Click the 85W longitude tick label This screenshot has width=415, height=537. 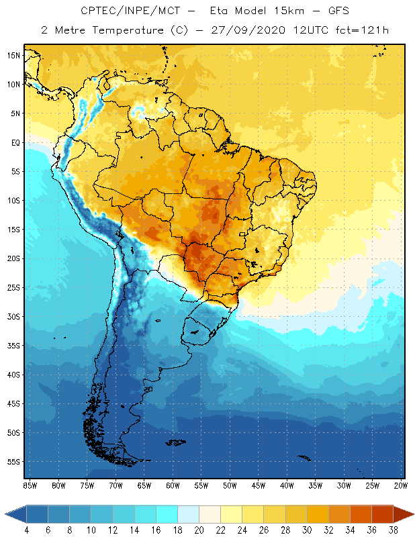point(30,485)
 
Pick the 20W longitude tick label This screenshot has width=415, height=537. point(400,485)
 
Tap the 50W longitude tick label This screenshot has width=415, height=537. point(230,485)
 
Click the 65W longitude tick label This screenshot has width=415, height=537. point(144,485)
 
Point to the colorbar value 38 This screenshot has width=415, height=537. point(393,530)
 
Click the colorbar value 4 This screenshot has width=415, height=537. point(26,530)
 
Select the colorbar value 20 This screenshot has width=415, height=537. point(199,530)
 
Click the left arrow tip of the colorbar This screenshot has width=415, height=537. point(6,514)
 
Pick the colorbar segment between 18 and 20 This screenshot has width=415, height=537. point(189,514)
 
